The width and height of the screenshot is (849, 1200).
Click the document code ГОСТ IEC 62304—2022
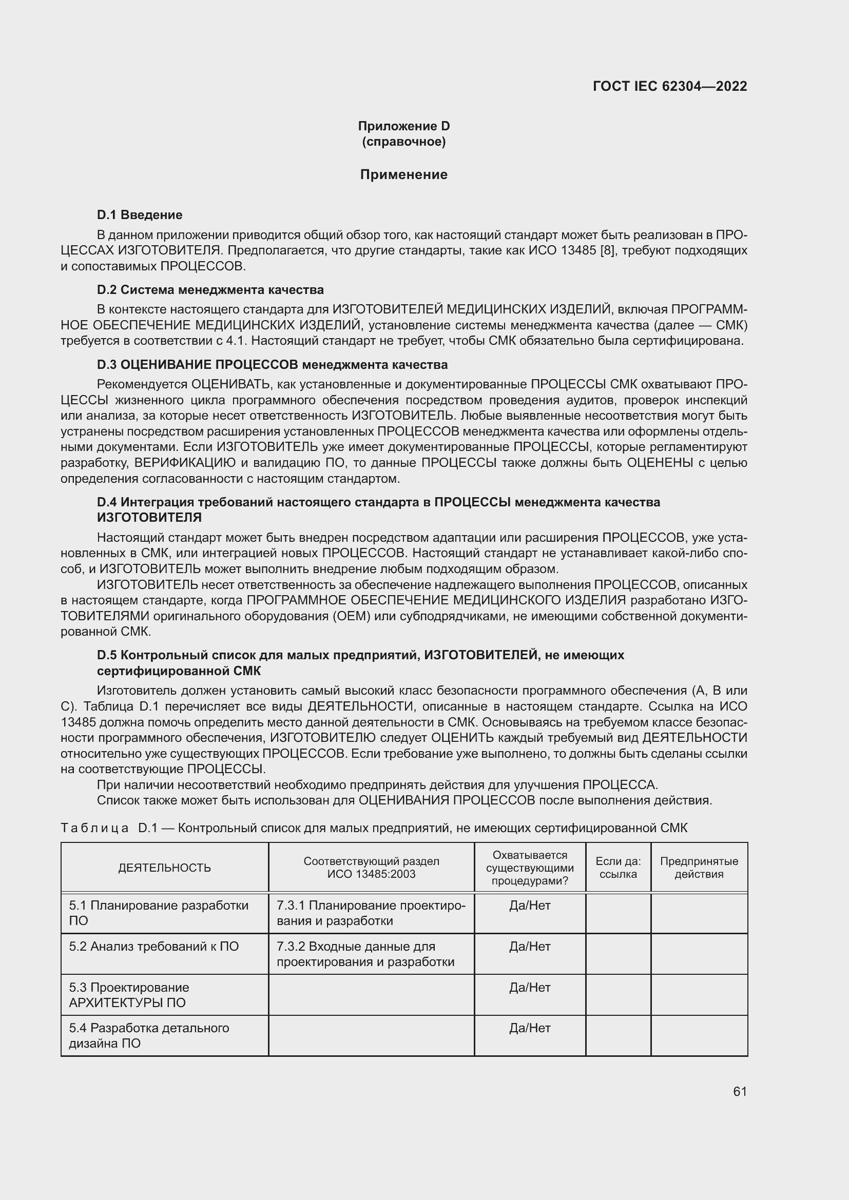670,86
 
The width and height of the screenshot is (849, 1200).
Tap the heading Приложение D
403,126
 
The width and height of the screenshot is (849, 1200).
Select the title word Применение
403,174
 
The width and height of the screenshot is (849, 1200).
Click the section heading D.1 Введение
140,215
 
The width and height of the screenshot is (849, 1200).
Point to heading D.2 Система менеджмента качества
210,289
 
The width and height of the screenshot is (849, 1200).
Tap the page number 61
740,1091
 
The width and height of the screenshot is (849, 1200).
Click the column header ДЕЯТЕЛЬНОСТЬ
165,868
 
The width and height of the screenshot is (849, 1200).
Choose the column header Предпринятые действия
699,868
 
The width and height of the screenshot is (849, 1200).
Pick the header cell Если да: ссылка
618,868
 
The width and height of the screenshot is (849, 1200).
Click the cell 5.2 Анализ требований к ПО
153,947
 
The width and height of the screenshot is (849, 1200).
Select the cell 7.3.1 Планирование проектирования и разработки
371,913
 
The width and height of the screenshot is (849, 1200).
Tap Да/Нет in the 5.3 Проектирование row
530,987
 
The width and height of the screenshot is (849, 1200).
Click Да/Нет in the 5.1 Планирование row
530,905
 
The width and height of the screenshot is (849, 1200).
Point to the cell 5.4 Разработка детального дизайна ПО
149,1035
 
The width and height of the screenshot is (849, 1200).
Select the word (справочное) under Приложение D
403,142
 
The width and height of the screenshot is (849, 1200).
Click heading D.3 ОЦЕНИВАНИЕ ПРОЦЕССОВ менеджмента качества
272,364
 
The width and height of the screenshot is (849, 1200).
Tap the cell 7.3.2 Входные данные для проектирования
365,954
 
